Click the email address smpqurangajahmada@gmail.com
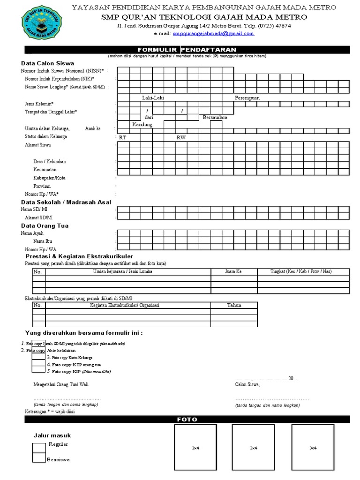[x=213, y=34]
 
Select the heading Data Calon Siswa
[x=47, y=63]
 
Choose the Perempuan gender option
[x=247, y=97]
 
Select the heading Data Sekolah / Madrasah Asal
[x=66, y=202]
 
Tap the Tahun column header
[x=234, y=305]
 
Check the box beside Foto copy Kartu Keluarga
[x=38, y=357]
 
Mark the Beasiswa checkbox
[x=39, y=459]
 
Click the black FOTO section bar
[x=187, y=420]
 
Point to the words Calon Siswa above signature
[x=247, y=384]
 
